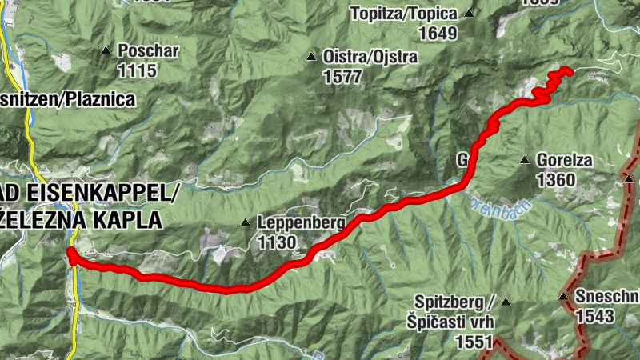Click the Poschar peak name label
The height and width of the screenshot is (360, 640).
[x=148, y=51]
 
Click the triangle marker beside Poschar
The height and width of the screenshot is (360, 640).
[x=106, y=52]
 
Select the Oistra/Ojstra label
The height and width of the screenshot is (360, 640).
[x=359, y=57]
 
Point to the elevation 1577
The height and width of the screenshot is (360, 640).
[x=343, y=77]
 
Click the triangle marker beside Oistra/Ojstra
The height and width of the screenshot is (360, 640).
[x=311, y=57]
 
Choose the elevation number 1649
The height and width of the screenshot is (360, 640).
[x=437, y=34]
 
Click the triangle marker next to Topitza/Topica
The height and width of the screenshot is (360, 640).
[x=470, y=14]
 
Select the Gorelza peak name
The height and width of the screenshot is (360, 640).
[x=565, y=160]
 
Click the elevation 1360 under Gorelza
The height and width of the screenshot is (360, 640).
[x=556, y=180]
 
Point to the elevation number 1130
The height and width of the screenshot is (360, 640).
[x=277, y=242]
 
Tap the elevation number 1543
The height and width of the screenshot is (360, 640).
[x=594, y=316]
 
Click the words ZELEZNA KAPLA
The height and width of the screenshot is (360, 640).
[x=80, y=218]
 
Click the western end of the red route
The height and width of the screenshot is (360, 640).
[x=70, y=254]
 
